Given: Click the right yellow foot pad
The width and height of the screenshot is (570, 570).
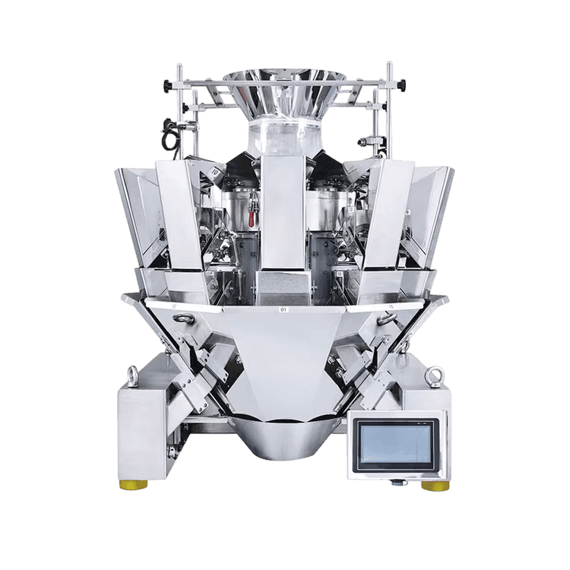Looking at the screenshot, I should coord(435,486).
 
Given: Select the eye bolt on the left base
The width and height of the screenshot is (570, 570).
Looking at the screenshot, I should coord(133,375).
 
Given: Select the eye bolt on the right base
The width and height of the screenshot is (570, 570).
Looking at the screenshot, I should coord(435,375).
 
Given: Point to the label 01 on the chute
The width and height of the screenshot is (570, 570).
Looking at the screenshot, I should coord(284,310).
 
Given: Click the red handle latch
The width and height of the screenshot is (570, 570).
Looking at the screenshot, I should coord(252,217).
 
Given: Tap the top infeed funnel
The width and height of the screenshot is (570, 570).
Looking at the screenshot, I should coord(284,91).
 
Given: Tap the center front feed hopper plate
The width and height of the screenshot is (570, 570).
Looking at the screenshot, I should coord(283,220).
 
